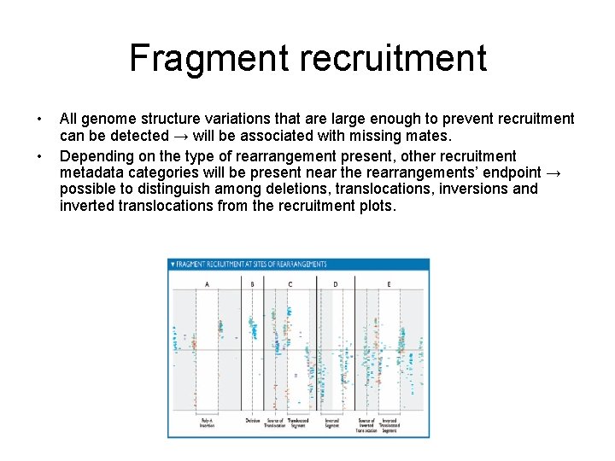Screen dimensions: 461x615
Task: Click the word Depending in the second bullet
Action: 97,156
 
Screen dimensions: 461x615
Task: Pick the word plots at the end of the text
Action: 377,205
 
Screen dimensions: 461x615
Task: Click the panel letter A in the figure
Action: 208,283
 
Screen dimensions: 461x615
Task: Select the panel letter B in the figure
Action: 252,283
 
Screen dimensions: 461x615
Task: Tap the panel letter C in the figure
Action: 290,283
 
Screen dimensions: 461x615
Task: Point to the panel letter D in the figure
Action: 335,283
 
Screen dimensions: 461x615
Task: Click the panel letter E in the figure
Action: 389,283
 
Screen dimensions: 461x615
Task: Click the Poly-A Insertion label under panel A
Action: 208,423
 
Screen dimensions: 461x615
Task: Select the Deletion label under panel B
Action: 252,420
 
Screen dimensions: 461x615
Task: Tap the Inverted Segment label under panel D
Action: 332,423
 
